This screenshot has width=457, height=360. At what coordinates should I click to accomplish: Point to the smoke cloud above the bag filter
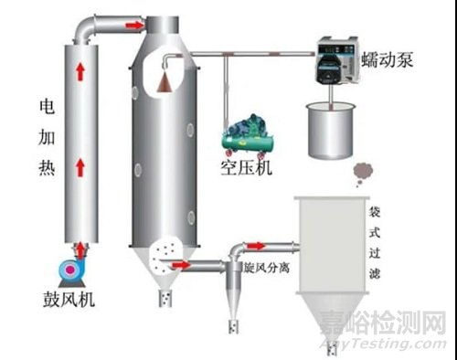point(361,171)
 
